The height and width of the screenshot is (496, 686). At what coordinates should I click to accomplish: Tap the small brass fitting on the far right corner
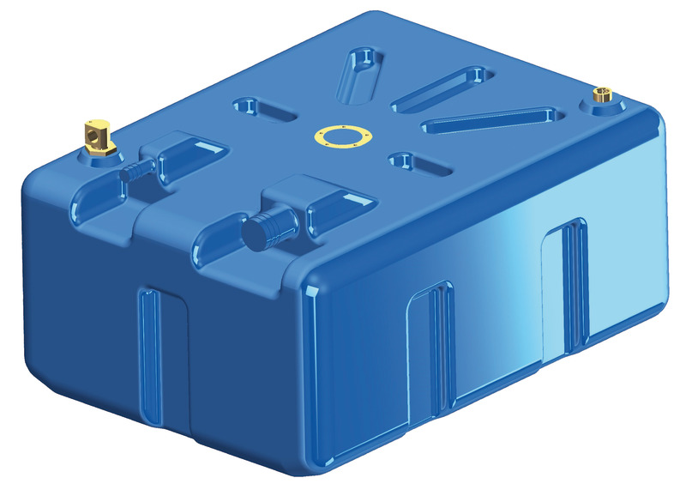click(604, 96)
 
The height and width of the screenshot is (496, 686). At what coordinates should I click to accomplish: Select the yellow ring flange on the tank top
click(340, 136)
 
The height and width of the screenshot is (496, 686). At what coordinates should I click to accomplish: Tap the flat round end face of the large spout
click(255, 233)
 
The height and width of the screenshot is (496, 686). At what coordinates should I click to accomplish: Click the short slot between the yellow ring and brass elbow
click(261, 110)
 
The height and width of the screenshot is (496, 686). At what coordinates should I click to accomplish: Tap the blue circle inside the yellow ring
click(340, 136)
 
